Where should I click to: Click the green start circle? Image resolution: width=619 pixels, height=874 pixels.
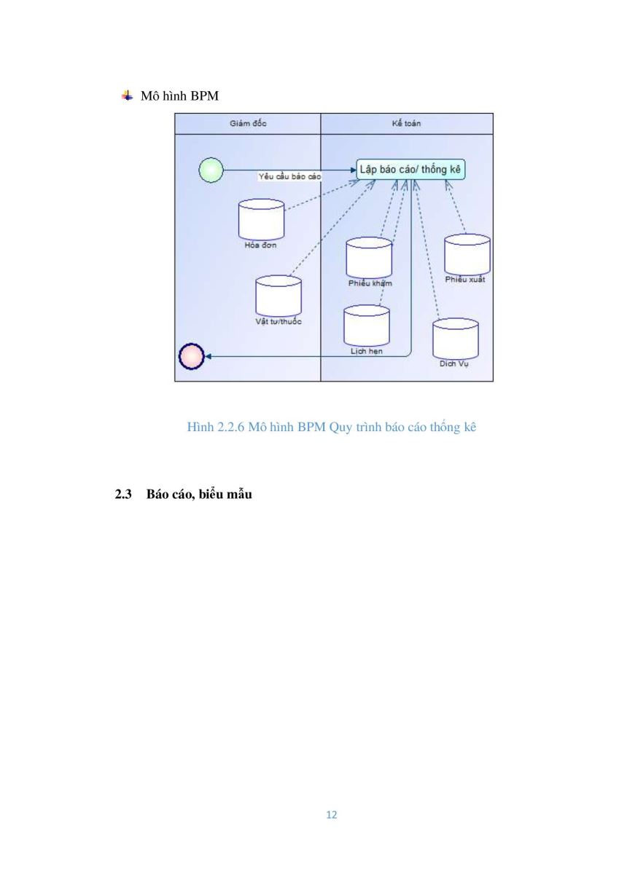coord(211,170)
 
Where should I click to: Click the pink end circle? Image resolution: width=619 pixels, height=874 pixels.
coord(191,356)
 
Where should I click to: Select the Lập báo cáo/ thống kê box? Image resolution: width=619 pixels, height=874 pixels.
coord(410,169)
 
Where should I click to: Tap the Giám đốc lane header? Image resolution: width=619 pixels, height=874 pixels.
coord(248,124)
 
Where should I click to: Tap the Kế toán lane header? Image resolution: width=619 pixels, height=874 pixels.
coord(407,124)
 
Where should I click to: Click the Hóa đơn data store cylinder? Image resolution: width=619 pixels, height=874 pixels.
coord(261,219)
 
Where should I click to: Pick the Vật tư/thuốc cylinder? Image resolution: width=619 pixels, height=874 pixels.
coord(279,296)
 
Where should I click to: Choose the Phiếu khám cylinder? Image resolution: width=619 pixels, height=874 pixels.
coord(369,258)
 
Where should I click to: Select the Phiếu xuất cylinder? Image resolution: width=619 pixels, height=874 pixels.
coord(467,255)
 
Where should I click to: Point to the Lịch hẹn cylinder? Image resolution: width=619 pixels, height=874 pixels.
coord(367,326)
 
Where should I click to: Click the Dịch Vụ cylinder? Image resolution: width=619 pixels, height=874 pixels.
coord(456,339)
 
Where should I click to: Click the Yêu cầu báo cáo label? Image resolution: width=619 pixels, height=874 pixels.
coord(289,177)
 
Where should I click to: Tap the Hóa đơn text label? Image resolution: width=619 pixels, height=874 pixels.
coord(260,245)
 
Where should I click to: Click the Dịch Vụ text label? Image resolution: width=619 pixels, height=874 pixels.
coord(453,363)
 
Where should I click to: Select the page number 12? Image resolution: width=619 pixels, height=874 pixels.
coord(332,815)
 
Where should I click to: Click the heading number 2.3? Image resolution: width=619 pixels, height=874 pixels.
coord(123,495)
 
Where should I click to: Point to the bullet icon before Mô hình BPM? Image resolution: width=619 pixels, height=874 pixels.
coord(127,95)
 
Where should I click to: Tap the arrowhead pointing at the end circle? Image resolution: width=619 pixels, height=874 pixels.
coord(208,356)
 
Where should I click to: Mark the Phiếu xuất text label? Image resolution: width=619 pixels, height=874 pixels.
coord(465,280)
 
